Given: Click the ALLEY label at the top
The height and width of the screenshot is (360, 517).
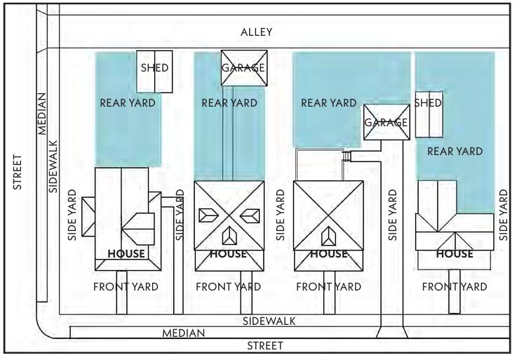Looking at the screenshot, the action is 256,33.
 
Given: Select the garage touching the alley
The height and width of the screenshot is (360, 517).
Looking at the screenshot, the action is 243,68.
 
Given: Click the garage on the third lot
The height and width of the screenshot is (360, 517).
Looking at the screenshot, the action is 385,122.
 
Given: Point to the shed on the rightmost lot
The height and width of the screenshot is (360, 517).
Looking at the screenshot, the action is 429,114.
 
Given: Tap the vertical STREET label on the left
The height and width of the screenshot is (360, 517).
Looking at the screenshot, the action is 18,171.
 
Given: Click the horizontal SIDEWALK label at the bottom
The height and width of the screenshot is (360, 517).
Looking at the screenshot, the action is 269,321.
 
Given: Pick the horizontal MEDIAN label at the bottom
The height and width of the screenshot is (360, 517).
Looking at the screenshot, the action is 184,333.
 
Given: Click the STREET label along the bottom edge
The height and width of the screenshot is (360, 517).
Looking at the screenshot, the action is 266,346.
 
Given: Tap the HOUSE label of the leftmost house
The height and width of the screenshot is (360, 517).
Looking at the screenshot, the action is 126,253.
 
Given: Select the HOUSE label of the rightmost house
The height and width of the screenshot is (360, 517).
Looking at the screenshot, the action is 455,253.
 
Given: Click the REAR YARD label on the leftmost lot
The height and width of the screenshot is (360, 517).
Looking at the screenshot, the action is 127,102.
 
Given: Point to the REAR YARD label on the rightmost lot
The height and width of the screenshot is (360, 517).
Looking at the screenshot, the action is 455,151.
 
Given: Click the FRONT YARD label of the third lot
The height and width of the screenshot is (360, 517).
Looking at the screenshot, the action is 328,286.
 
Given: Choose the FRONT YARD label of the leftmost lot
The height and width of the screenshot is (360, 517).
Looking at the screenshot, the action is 126,286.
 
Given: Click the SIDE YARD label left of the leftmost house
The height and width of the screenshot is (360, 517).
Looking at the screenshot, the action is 72,214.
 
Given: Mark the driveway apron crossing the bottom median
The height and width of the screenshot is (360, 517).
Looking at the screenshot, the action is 392,332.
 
